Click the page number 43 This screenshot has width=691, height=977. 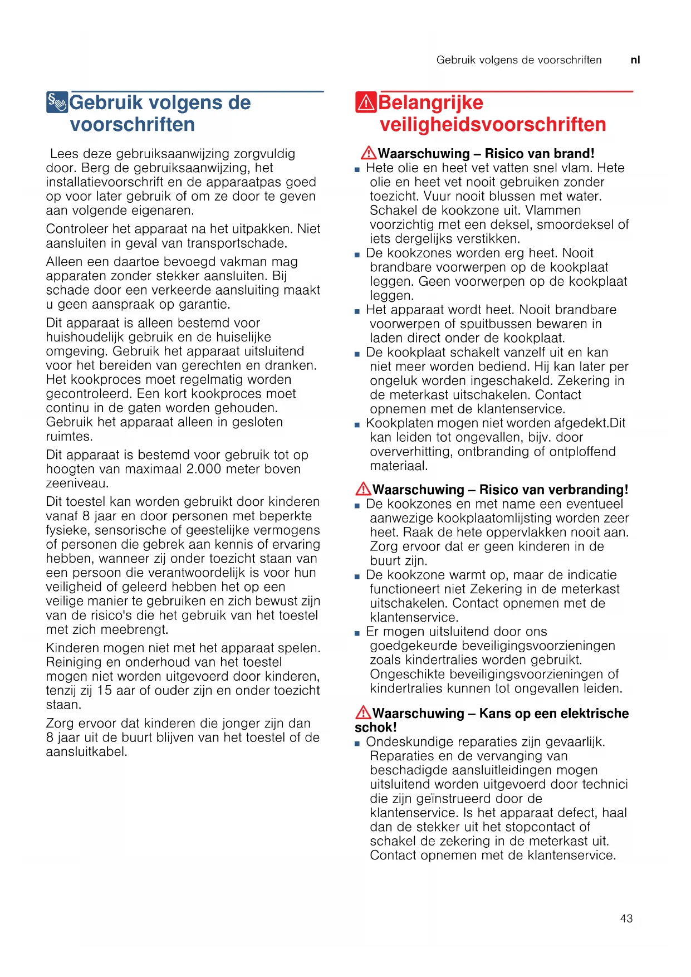click(x=626, y=919)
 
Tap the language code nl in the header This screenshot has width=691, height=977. click(x=635, y=60)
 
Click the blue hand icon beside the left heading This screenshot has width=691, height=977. click(x=57, y=102)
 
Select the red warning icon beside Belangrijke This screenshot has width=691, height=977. click(x=365, y=102)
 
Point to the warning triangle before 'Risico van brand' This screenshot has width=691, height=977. click(x=368, y=153)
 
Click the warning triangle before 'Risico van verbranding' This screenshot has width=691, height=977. click(x=363, y=488)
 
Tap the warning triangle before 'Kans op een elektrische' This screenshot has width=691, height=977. click(x=363, y=712)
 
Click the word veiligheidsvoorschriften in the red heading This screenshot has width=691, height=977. click(x=493, y=124)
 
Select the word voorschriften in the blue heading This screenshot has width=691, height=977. click(x=133, y=124)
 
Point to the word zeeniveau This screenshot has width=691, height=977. click(x=77, y=483)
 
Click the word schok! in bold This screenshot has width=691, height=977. click(x=376, y=727)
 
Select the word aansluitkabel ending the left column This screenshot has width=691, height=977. click(x=86, y=752)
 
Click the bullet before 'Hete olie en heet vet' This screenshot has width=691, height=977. click(x=357, y=169)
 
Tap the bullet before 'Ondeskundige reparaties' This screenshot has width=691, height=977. click(x=357, y=743)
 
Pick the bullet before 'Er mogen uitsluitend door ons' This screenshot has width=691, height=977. click(x=357, y=633)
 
